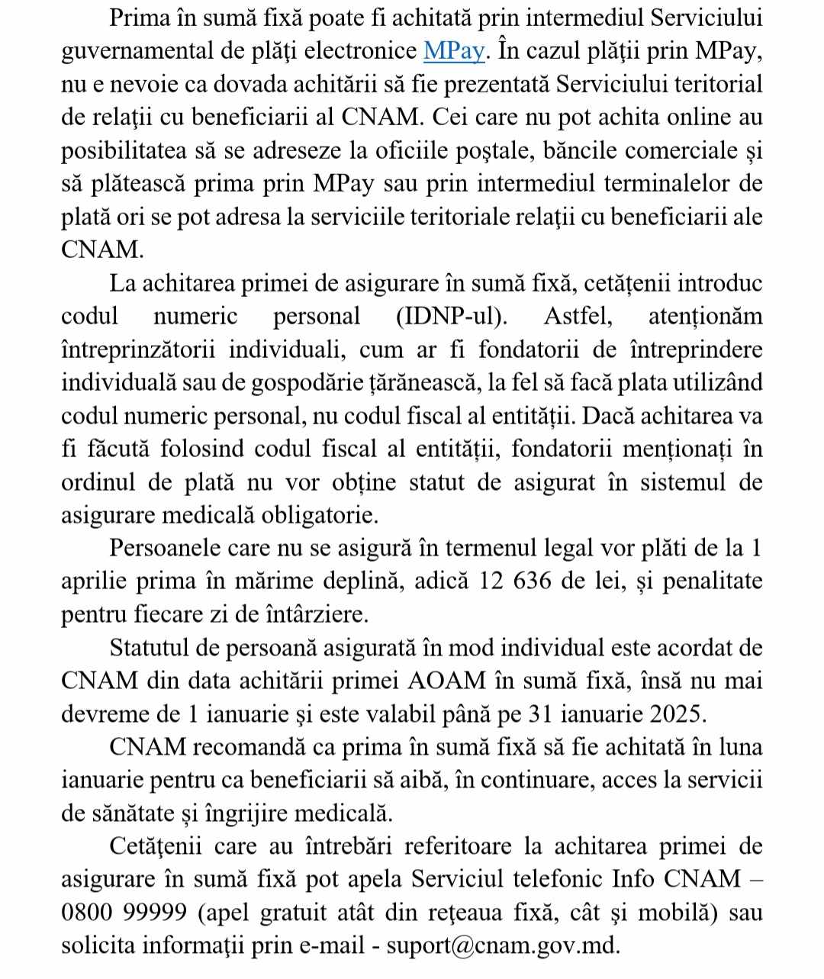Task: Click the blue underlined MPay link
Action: [454, 51]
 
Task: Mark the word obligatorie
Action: [320, 515]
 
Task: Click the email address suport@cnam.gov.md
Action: [503, 946]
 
